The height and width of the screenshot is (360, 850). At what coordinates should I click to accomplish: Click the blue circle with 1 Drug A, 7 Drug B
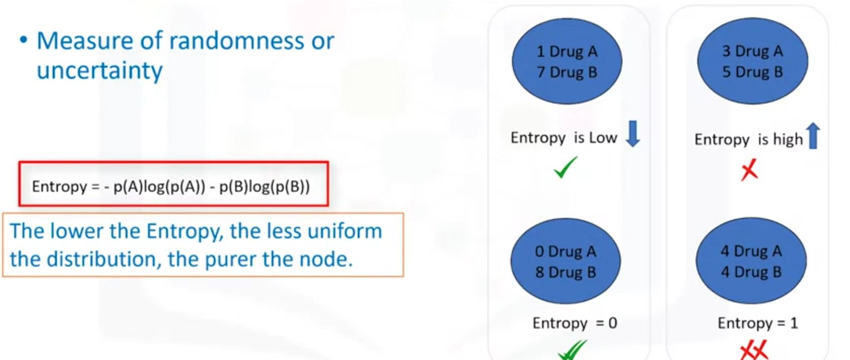tap(567, 61)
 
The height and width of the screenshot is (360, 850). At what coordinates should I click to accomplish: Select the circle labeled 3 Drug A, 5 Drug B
tap(752, 61)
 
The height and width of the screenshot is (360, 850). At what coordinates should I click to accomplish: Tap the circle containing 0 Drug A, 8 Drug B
tap(565, 262)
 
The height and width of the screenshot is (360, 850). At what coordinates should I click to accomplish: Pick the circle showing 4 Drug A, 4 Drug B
tap(751, 262)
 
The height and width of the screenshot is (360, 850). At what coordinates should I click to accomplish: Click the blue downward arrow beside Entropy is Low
tap(633, 134)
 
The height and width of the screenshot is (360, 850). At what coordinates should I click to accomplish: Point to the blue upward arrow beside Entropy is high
tap(813, 136)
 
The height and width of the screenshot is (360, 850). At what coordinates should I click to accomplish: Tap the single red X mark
tap(749, 170)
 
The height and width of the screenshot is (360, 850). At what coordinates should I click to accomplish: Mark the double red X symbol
tap(754, 350)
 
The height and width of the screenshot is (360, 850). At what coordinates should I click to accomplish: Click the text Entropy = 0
tap(575, 323)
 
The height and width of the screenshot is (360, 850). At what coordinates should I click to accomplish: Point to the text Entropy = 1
tap(758, 323)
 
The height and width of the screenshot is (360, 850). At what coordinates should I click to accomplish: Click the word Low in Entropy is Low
tap(603, 138)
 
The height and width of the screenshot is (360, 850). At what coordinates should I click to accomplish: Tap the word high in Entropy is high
tap(788, 139)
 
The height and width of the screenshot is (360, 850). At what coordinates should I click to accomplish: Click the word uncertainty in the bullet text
tap(99, 70)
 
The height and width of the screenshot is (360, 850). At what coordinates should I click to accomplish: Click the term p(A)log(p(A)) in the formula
tap(159, 187)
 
